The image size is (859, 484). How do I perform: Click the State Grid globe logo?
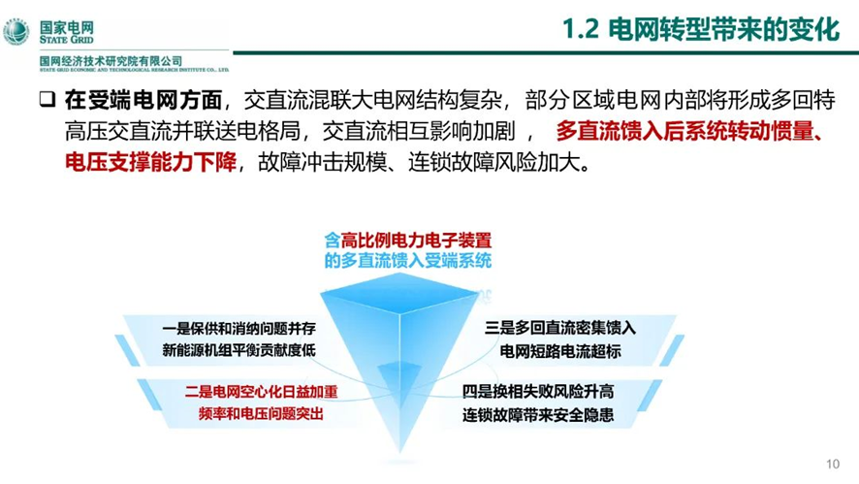tap(16, 31)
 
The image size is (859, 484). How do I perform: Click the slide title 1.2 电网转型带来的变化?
tap(701, 29)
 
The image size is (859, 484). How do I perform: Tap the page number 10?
tap(833, 465)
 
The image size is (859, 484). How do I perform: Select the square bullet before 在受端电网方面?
tap(48, 99)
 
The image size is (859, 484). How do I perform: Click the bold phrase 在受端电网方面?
tap(143, 100)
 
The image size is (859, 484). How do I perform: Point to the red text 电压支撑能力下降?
tap(150, 162)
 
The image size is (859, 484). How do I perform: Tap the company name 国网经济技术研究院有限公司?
tap(111, 61)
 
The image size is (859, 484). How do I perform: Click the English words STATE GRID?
tap(66, 40)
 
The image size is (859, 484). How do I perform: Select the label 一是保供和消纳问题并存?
tap(239, 329)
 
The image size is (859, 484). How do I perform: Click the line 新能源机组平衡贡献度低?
tap(239, 350)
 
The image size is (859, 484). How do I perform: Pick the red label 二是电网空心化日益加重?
tap(262, 391)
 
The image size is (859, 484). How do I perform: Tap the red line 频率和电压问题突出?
tap(261, 413)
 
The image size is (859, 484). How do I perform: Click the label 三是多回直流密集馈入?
tap(559, 328)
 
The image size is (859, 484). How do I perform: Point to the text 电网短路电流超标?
tap(559, 351)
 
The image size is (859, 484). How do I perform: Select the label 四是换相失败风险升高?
tap(538, 391)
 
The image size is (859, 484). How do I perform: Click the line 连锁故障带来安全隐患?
tap(538, 415)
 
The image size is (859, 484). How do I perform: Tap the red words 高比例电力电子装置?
tap(416, 241)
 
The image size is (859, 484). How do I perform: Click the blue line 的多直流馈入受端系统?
tap(407, 260)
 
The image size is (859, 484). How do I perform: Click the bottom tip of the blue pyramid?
tap(400, 452)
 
